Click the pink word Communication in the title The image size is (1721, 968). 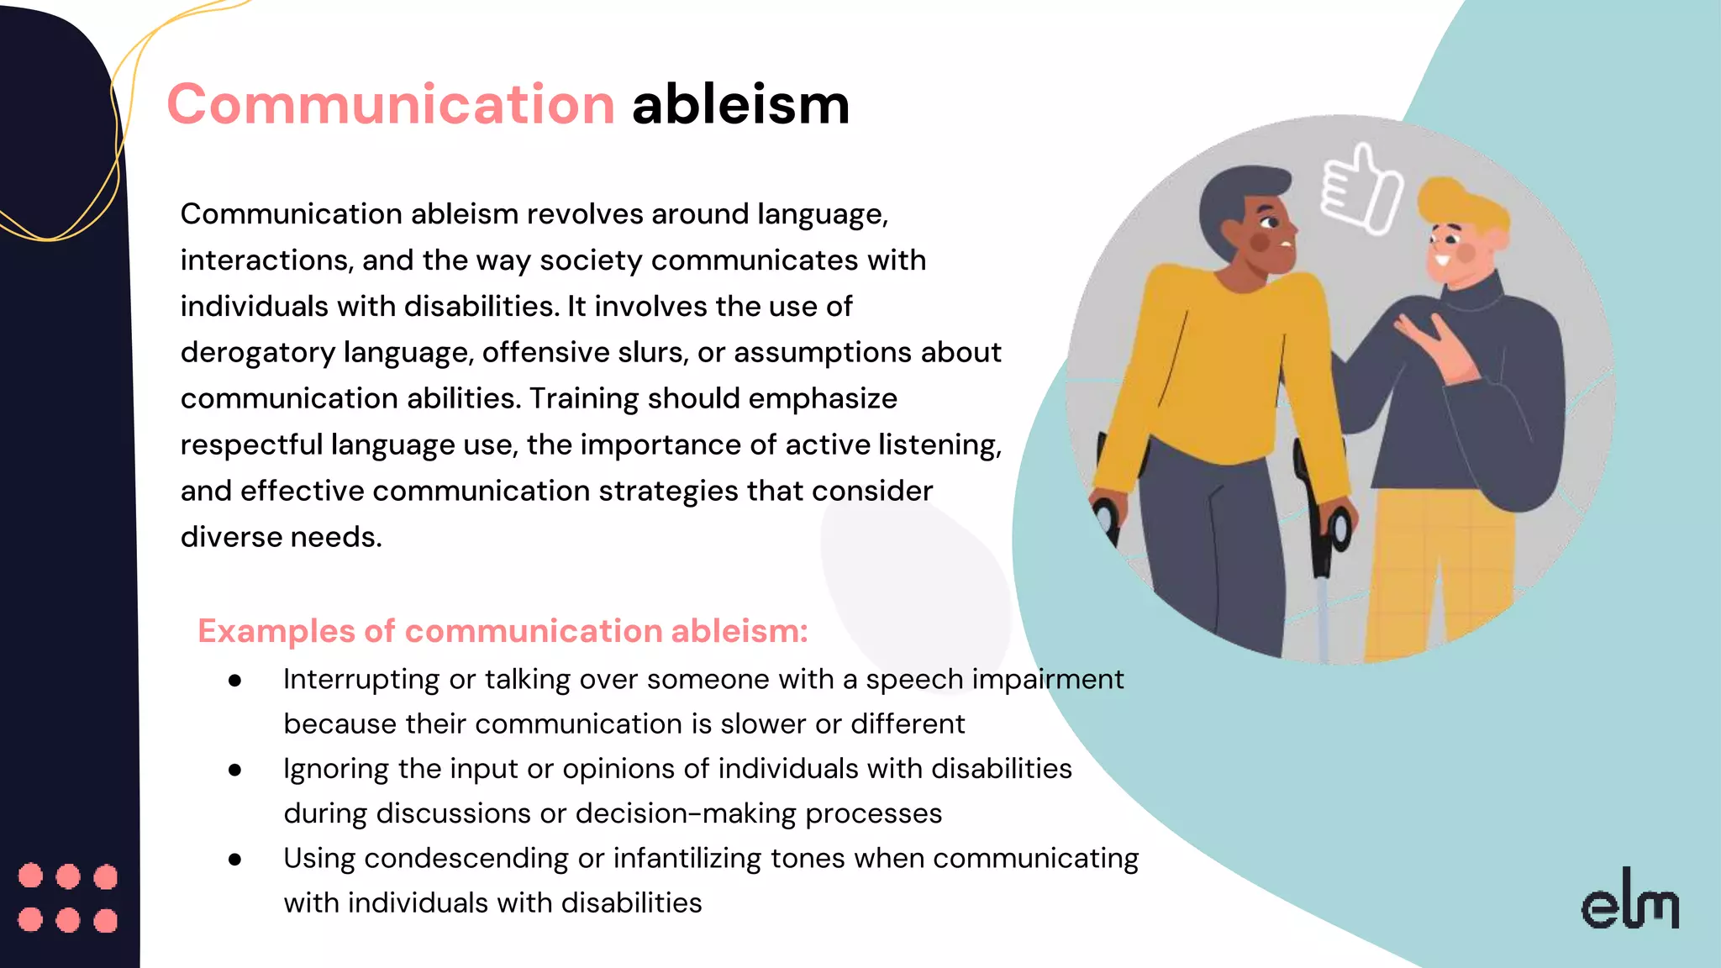coord(391,105)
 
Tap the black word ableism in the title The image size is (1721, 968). coord(740,105)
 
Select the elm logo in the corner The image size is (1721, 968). coord(1629,902)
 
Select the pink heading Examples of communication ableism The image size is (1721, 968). coord(503,631)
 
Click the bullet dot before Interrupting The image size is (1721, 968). coord(235,680)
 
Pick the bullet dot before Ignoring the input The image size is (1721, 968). coord(235,770)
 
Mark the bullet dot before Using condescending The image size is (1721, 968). coord(235,859)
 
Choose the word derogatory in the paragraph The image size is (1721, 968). coord(257,352)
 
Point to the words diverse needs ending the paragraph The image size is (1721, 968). coord(281,537)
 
